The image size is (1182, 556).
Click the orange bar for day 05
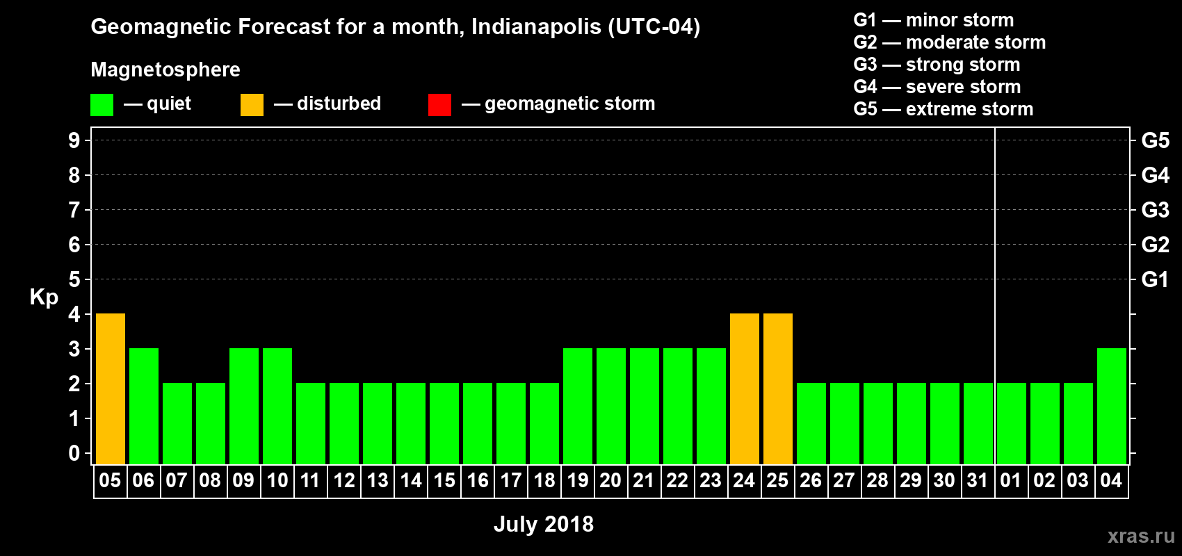[111, 389]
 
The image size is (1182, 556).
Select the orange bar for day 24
[745, 389]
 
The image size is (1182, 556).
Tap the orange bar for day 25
[778, 389]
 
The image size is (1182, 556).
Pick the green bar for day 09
[244, 406]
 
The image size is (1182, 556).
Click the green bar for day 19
[578, 406]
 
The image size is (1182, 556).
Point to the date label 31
[978, 480]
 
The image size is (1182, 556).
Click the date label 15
[444, 480]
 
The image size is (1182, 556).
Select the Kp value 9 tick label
[74, 140]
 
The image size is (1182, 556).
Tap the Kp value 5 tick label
[74, 279]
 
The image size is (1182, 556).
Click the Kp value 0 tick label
[74, 453]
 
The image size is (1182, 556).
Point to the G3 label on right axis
[1155, 210]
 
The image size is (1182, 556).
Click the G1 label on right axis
[1155, 279]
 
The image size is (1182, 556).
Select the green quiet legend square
[102, 105]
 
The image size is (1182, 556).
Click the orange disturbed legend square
[252, 105]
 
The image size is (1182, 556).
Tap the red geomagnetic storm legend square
[439, 105]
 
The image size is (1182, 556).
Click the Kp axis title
[44, 297]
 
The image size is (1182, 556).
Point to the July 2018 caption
[544, 524]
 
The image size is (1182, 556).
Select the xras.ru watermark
[1140, 536]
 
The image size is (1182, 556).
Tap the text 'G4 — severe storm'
[937, 87]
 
